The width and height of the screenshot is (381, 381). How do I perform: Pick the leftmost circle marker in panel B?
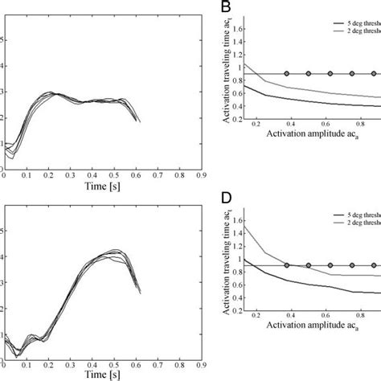287,74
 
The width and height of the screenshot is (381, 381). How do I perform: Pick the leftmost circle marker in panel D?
287,265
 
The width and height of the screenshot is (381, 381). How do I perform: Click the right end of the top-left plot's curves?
139,121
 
